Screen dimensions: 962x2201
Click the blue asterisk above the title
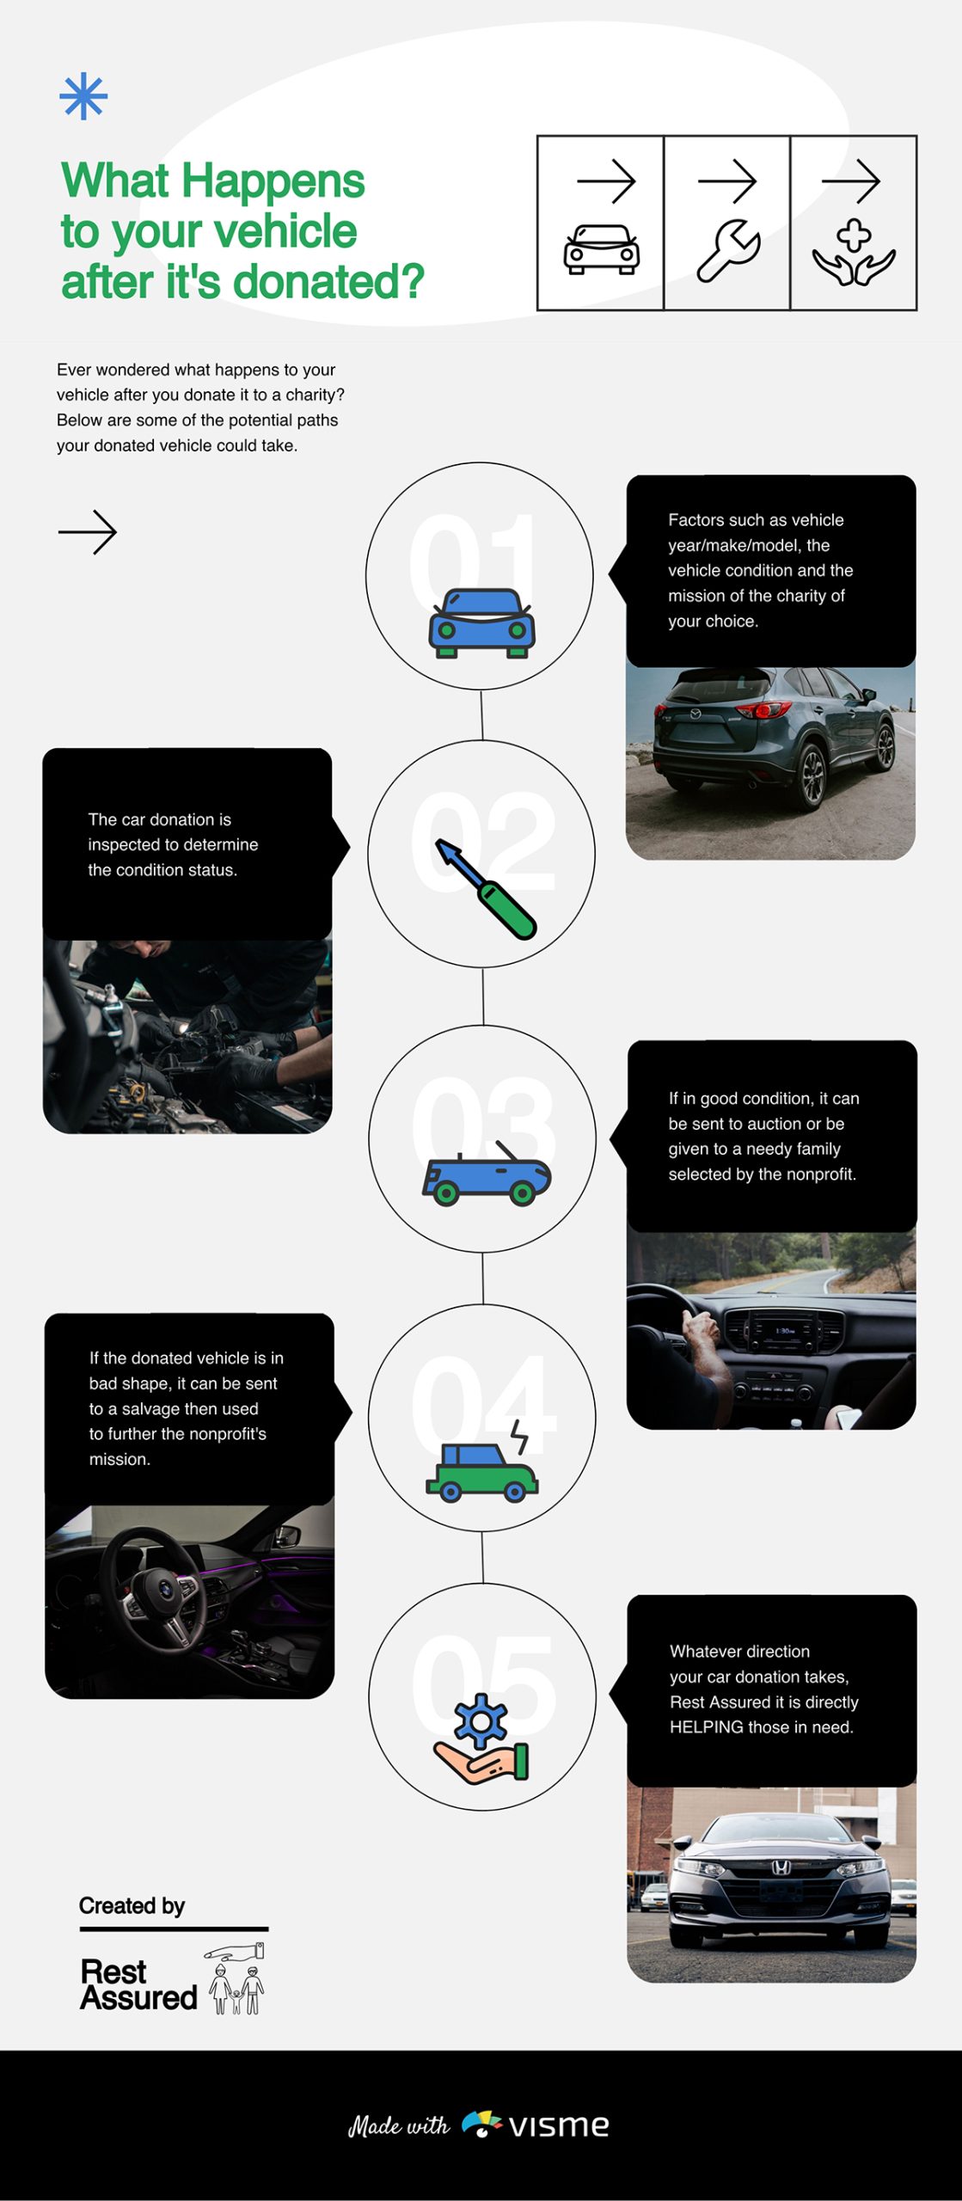[83, 96]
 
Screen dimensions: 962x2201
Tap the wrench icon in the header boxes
[728, 250]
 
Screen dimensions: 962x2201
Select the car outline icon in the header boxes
[602, 249]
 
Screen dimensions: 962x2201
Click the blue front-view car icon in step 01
[481, 623]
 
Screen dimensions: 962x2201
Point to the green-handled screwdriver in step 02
[486, 889]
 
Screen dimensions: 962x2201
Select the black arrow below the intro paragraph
[87, 532]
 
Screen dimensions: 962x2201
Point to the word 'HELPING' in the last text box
[707, 1727]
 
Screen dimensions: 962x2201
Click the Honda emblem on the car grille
[780, 1867]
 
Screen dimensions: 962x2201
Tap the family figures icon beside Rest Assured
[236, 1978]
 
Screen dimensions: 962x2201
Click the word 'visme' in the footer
[559, 2125]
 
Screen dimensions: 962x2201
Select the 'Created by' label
[132, 1906]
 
